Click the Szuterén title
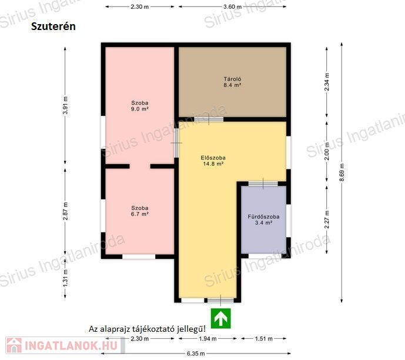[53, 26]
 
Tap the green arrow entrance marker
[221, 318]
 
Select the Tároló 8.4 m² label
[232, 82]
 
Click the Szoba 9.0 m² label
[140, 106]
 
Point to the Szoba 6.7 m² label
[140, 211]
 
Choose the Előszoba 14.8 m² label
[213, 161]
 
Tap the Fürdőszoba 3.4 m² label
[263, 219]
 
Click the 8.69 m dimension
[342, 172]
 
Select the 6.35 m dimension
[196, 354]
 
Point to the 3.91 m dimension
[65, 105]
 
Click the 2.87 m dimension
[65, 211]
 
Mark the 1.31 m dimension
[65, 278]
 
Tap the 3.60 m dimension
[232, 6]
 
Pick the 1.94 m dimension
[207, 339]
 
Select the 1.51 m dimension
[264, 339]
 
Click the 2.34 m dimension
[327, 82]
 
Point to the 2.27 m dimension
[327, 219]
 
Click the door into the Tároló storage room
[209, 119]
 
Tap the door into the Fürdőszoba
[263, 184]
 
